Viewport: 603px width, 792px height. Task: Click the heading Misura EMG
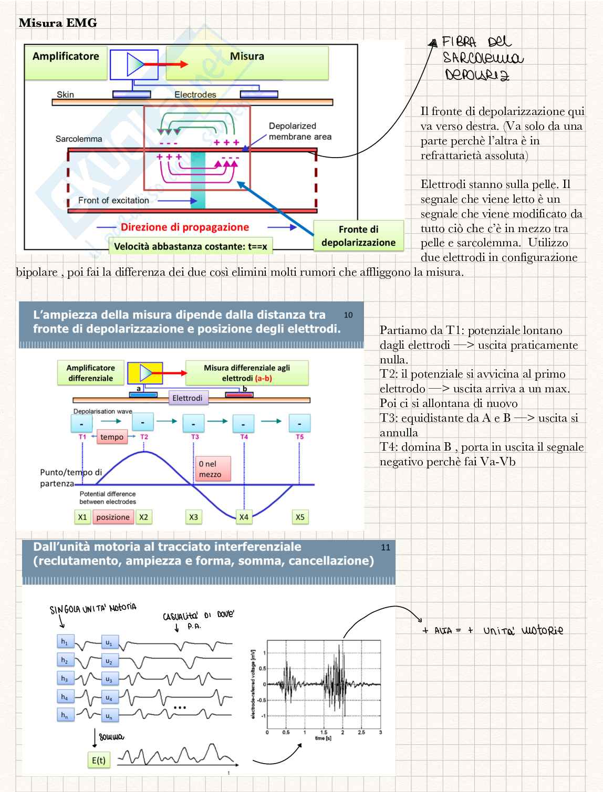point(58,23)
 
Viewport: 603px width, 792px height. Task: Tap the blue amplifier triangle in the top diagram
point(135,64)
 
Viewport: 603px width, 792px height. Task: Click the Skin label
point(65,95)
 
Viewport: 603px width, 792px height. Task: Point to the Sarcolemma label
point(79,139)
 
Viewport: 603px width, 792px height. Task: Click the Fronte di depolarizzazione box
point(358,236)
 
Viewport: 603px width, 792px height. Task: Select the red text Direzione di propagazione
point(185,227)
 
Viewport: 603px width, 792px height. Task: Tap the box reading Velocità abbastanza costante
point(190,246)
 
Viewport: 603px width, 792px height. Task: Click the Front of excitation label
point(113,200)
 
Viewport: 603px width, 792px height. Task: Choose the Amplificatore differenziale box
point(90,373)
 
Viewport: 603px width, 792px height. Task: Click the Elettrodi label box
point(188,398)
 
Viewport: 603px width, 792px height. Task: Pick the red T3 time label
point(195,437)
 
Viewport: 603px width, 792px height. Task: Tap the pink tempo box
point(112,437)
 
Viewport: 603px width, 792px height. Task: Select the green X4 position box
point(244,517)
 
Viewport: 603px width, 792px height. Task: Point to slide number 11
point(386,547)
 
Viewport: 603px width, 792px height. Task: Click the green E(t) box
point(99,760)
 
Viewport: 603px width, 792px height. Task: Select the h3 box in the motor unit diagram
point(65,679)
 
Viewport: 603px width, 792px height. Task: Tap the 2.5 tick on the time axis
point(361,732)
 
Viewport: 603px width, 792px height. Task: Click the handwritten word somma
point(111,737)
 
